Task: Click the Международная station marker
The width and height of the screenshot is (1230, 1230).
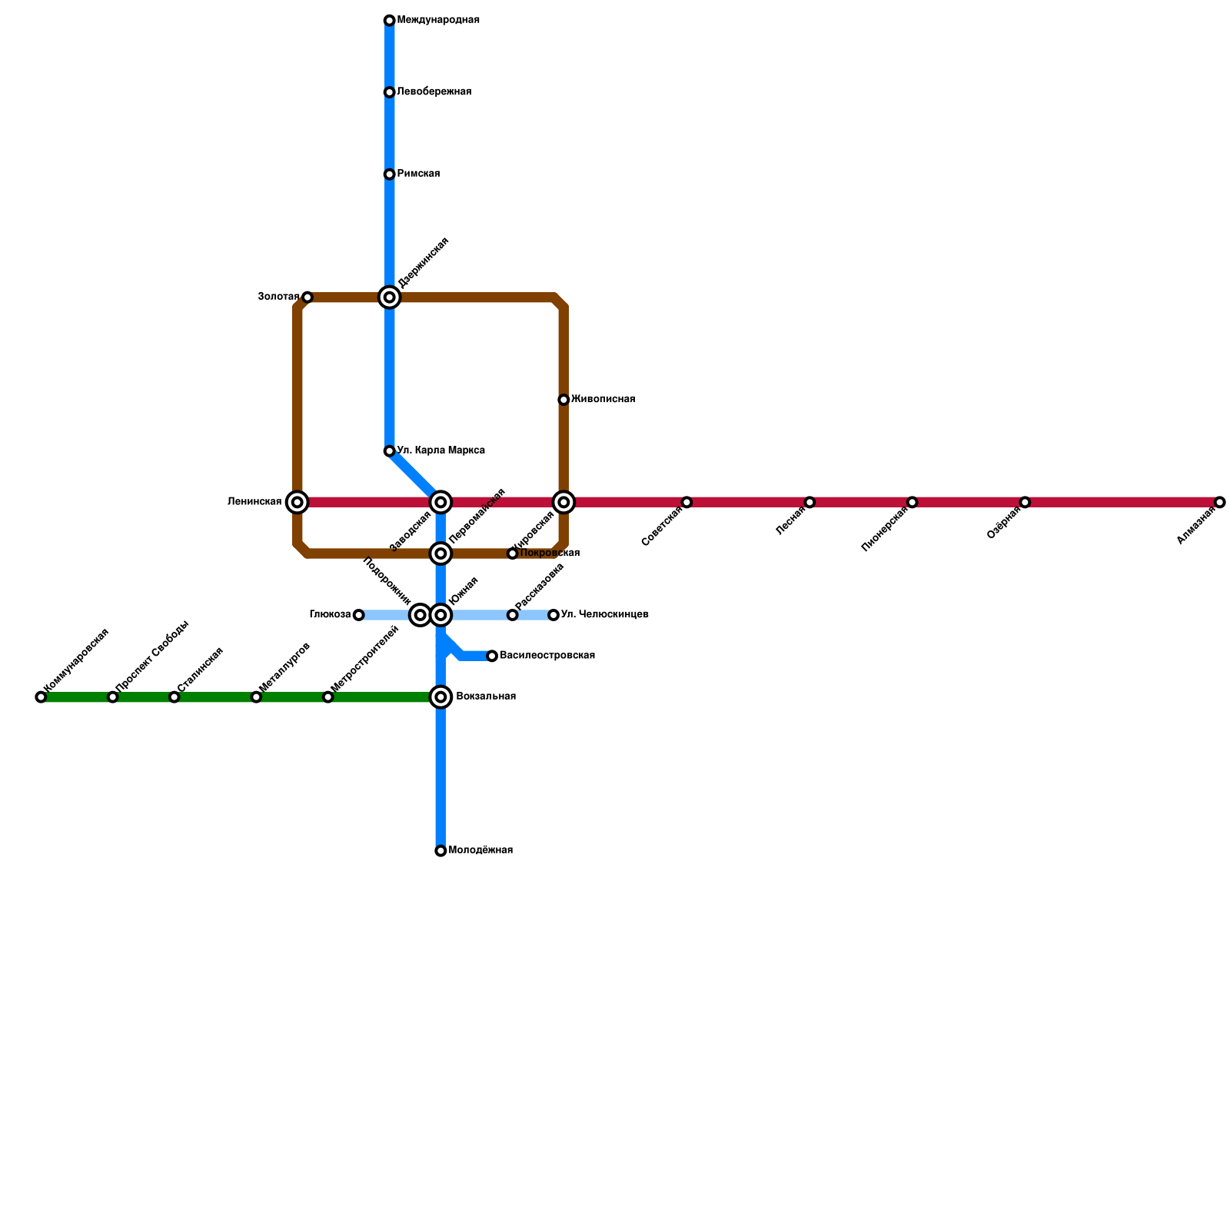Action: point(390,21)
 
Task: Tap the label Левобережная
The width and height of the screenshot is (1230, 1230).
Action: point(434,92)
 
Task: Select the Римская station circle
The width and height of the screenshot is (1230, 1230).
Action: point(390,175)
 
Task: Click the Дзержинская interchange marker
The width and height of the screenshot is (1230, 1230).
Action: point(390,298)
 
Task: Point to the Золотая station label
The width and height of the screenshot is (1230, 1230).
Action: point(278,297)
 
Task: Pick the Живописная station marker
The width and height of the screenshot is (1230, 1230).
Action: point(563,400)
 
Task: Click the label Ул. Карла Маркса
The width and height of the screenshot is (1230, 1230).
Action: point(440,450)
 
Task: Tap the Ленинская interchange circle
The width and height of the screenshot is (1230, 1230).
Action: point(298,502)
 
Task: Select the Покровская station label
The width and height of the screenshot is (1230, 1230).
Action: point(549,553)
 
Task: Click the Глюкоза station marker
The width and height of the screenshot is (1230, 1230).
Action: point(358,615)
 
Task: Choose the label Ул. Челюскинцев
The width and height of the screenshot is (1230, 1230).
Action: point(604,615)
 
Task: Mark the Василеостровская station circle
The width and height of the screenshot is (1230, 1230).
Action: point(492,656)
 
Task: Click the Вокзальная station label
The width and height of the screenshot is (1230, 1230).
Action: point(485,696)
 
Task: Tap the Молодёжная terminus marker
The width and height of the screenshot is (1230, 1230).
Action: point(440,851)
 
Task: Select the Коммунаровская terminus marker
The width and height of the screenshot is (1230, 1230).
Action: point(41,697)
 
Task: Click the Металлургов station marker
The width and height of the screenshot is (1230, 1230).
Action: point(256,697)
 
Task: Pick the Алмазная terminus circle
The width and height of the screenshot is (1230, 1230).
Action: point(1220,502)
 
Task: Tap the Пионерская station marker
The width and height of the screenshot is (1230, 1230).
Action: point(912,502)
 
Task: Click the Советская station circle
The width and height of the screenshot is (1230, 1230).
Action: point(686,502)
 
